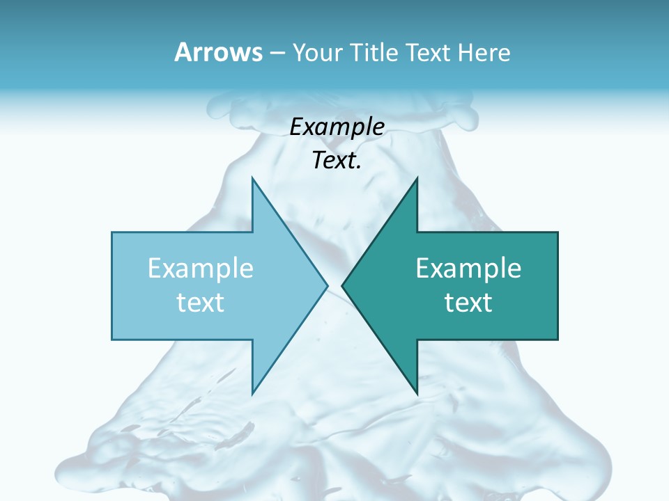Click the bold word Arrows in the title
[x=219, y=52]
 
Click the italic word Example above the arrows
[x=337, y=127]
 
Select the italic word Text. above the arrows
[x=337, y=161]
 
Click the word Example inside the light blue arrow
[x=201, y=269]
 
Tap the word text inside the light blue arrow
[x=201, y=302]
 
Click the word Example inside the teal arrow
[x=468, y=269]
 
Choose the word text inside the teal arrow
[x=468, y=302]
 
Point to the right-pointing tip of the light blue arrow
[x=327, y=285]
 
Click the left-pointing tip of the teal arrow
[x=342, y=285]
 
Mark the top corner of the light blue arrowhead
[x=252, y=178]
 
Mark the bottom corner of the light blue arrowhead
[x=252, y=393]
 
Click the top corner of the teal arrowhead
[x=417, y=178]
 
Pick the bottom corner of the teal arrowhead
[x=417, y=393]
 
